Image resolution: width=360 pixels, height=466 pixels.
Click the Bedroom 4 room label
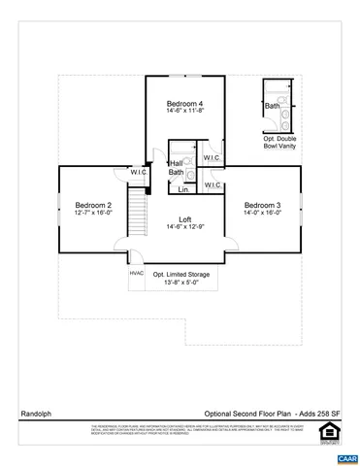(184, 104)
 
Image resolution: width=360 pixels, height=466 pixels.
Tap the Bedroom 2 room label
(93, 205)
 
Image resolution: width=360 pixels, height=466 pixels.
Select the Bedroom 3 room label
(262, 205)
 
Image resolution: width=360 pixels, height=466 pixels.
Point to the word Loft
(184, 218)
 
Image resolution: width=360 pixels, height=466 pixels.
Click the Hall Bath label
(177, 168)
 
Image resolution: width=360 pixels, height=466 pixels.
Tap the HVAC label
(137, 273)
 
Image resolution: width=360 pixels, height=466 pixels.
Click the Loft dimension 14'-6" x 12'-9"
(184, 227)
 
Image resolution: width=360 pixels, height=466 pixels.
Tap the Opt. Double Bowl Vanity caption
(281, 144)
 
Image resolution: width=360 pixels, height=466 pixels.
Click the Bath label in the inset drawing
(273, 106)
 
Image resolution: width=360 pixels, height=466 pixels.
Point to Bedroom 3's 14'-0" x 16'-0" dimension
(262, 214)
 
